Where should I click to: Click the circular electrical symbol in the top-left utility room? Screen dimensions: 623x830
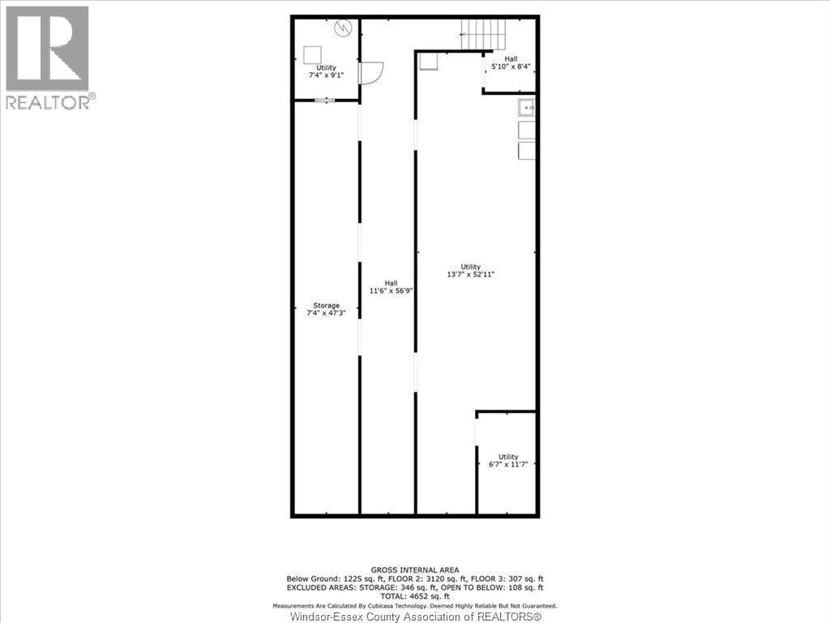click(343, 28)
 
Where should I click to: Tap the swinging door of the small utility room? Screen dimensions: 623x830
click(369, 73)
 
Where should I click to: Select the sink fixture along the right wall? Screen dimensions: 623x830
click(527, 106)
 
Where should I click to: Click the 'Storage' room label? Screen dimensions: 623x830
click(327, 305)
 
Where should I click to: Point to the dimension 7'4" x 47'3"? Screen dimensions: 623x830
click(327, 312)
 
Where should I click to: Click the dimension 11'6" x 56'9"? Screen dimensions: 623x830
click(391, 290)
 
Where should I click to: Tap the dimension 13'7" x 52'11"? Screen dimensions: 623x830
click(471, 274)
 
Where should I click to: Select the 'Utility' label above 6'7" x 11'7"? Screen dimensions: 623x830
click(508, 457)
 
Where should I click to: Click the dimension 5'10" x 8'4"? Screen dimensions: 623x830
click(511, 67)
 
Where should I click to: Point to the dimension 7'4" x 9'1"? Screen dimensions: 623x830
click(326, 75)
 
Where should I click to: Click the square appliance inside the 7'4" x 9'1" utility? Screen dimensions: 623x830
click(312, 54)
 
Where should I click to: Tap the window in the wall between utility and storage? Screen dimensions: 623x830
click(325, 101)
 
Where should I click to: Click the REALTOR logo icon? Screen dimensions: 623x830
click(47, 49)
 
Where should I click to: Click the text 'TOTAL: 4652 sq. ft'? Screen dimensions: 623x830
click(414, 595)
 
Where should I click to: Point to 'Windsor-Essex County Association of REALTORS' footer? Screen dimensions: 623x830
click(415, 617)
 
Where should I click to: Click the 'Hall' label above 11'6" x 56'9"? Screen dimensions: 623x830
click(391, 282)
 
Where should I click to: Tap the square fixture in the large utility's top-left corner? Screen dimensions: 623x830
click(429, 62)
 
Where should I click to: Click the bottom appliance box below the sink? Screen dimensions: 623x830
click(527, 151)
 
